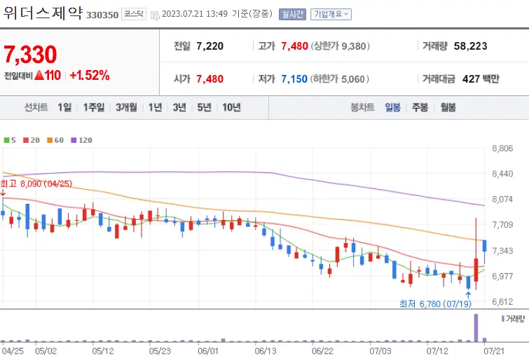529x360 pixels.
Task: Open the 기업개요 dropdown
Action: click(x=331, y=14)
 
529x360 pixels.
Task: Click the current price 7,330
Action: click(x=30, y=54)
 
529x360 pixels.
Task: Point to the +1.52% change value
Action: click(x=89, y=75)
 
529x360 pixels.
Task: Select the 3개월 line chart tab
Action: click(x=127, y=107)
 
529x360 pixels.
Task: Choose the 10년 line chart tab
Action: click(x=231, y=107)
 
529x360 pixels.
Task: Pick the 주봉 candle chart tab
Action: click(x=420, y=107)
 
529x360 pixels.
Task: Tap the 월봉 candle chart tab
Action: click(x=447, y=107)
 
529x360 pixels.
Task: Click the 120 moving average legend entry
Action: click(x=82, y=140)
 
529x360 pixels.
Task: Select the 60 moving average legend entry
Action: click(x=57, y=140)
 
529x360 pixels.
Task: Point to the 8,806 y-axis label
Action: click(x=504, y=148)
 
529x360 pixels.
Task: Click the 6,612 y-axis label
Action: click(x=504, y=302)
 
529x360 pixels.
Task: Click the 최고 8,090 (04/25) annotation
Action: click(x=36, y=184)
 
